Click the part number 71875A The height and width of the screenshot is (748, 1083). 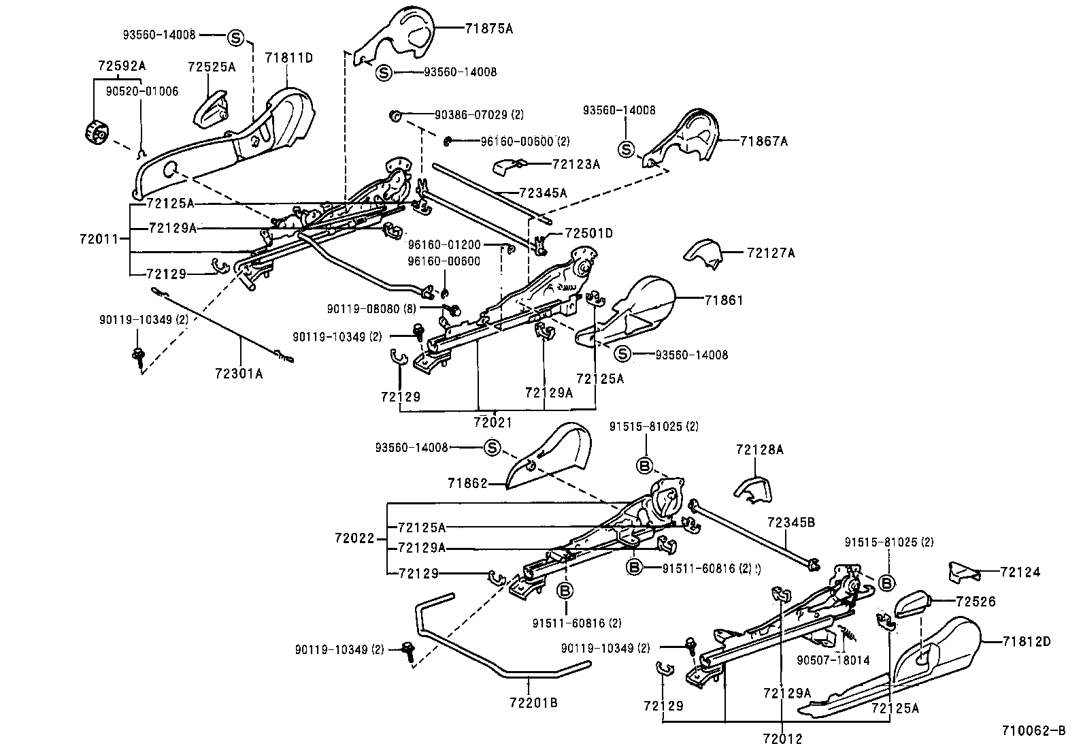pos(489,29)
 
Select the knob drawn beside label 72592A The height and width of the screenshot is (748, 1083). pos(95,132)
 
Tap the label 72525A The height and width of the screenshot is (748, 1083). pos(212,67)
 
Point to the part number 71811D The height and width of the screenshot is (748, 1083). pos(288,58)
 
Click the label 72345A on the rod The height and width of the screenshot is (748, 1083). pos(542,193)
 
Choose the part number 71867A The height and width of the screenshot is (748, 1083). pos(763,142)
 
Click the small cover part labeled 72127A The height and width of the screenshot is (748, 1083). pos(703,253)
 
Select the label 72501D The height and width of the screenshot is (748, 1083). pos(588,233)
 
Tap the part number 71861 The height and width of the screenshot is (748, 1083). pos(724,300)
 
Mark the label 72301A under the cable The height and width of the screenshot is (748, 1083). pos(239,374)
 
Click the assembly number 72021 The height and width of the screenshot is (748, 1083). pos(493,422)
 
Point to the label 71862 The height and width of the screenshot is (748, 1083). pos(468,483)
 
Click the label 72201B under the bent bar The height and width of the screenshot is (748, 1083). pos(534,702)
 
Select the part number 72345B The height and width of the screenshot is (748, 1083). pos(790,522)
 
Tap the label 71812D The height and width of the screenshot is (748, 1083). pos(1027,641)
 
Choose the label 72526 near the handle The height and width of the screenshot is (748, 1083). pos(976,602)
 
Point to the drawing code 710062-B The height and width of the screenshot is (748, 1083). pos(1033,732)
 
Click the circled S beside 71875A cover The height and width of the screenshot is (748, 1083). pos(383,73)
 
